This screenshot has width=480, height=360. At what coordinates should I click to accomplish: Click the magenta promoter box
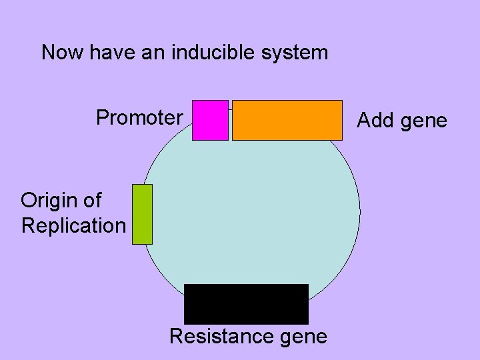click(210, 120)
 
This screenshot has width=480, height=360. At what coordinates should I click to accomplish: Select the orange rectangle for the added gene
click(287, 120)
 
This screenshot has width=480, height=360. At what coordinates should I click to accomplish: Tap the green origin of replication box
click(142, 214)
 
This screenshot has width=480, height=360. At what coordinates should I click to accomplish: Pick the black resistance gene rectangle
click(246, 304)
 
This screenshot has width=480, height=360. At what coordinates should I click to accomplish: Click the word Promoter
click(139, 118)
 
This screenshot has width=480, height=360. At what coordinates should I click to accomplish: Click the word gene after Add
click(424, 121)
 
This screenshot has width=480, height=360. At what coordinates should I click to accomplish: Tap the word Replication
click(73, 225)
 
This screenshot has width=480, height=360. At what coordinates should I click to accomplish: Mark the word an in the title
click(151, 53)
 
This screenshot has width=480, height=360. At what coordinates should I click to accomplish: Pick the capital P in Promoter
click(103, 118)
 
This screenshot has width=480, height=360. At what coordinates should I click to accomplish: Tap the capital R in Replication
click(27, 225)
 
